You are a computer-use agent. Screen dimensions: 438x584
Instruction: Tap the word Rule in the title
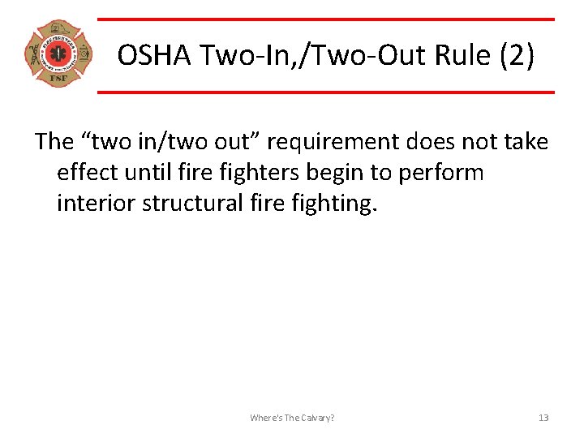(x=457, y=55)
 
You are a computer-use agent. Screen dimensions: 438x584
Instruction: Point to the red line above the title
(x=325, y=19)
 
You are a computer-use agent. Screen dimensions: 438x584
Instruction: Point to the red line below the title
(x=325, y=92)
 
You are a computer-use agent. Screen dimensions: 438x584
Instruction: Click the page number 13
(x=543, y=418)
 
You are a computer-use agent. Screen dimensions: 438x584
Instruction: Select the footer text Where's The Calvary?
(x=292, y=418)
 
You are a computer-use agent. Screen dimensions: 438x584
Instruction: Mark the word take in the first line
(x=524, y=143)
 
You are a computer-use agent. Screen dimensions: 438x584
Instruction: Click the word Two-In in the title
(x=228, y=55)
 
